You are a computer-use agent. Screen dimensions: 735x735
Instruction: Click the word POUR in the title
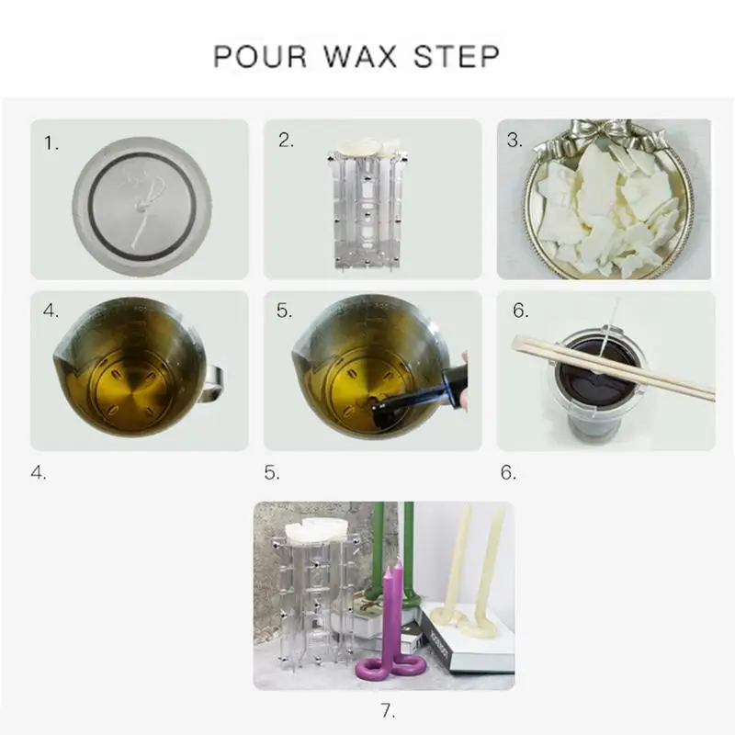[x=260, y=56]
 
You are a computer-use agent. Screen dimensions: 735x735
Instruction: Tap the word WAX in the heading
[x=360, y=56]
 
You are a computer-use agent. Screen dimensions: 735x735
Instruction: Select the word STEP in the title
[x=456, y=56]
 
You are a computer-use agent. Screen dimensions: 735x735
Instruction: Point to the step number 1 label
[x=51, y=142]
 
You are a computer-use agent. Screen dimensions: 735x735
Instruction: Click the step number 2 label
[x=286, y=141]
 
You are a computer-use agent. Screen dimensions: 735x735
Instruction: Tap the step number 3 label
[x=514, y=141]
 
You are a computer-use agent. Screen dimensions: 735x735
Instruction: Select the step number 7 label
[x=388, y=710]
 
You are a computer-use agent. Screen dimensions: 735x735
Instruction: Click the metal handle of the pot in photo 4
[x=212, y=384]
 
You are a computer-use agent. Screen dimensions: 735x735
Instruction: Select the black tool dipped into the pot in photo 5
[x=420, y=388]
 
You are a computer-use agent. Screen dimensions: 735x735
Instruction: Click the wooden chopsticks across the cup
[x=612, y=367]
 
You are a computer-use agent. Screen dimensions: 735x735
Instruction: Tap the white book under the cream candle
[x=469, y=641]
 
